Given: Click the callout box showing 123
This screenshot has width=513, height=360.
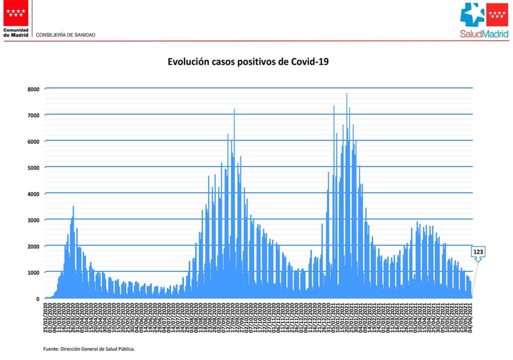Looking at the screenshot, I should click(x=478, y=251).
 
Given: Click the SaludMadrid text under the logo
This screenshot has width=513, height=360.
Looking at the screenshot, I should click(x=484, y=34).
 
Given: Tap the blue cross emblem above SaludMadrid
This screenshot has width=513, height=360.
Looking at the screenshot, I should click(x=472, y=15).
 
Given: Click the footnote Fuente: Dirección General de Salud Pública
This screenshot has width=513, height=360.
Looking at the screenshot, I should click(x=89, y=348).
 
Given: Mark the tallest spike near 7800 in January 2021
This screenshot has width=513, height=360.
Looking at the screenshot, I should click(x=347, y=94).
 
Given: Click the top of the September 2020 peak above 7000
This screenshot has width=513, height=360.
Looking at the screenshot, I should click(x=234, y=109).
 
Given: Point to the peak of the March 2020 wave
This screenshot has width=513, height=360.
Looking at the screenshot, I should click(x=74, y=206).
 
